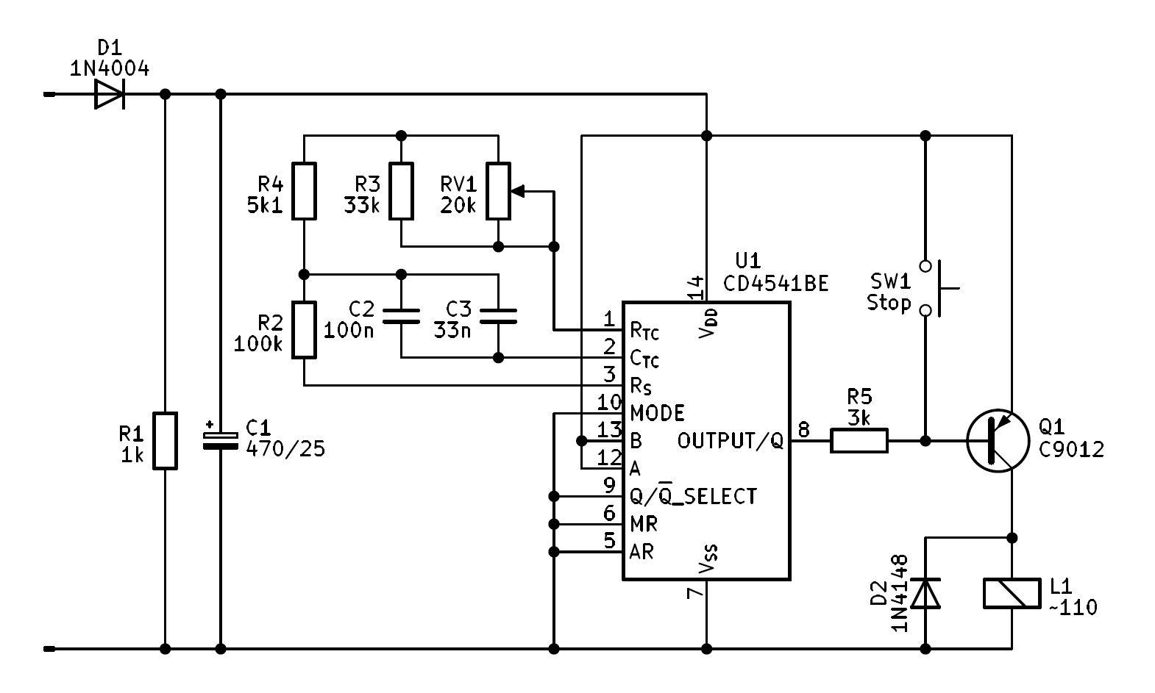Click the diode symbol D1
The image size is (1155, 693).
point(110,94)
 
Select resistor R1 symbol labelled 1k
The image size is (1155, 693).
point(165,441)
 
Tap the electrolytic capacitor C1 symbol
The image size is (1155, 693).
point(220,440)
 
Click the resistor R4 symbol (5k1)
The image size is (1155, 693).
point(304,191)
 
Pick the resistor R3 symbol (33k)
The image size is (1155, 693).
point(401,191)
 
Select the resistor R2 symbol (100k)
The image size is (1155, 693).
point(304,329)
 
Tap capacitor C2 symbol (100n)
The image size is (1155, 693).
point(401,316)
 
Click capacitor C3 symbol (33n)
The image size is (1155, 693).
point(498,316)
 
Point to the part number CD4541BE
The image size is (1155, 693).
point(775,283)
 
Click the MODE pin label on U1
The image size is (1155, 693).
point(657,412)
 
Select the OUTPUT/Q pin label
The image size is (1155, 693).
point(730,441)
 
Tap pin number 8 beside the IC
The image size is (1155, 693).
point(803,429)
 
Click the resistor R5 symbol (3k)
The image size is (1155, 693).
point(859,441)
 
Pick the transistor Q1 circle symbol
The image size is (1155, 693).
point(998,441)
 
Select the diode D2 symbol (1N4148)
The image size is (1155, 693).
point(925,594)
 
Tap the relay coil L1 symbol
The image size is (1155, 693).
point(1012,594)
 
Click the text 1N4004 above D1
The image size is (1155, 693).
point(110,69)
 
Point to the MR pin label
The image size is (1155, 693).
point(644,524)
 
